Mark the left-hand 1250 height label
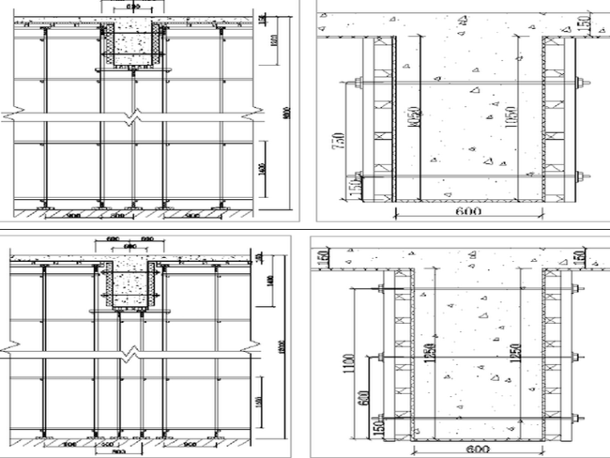coord(431,354)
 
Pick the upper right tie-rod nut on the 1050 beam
coord(579,82)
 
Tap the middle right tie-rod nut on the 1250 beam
coord(575,356)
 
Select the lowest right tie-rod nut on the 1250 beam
coord(575,417)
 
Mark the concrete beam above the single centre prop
coord(132,45)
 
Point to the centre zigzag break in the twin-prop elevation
coord(129,351)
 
